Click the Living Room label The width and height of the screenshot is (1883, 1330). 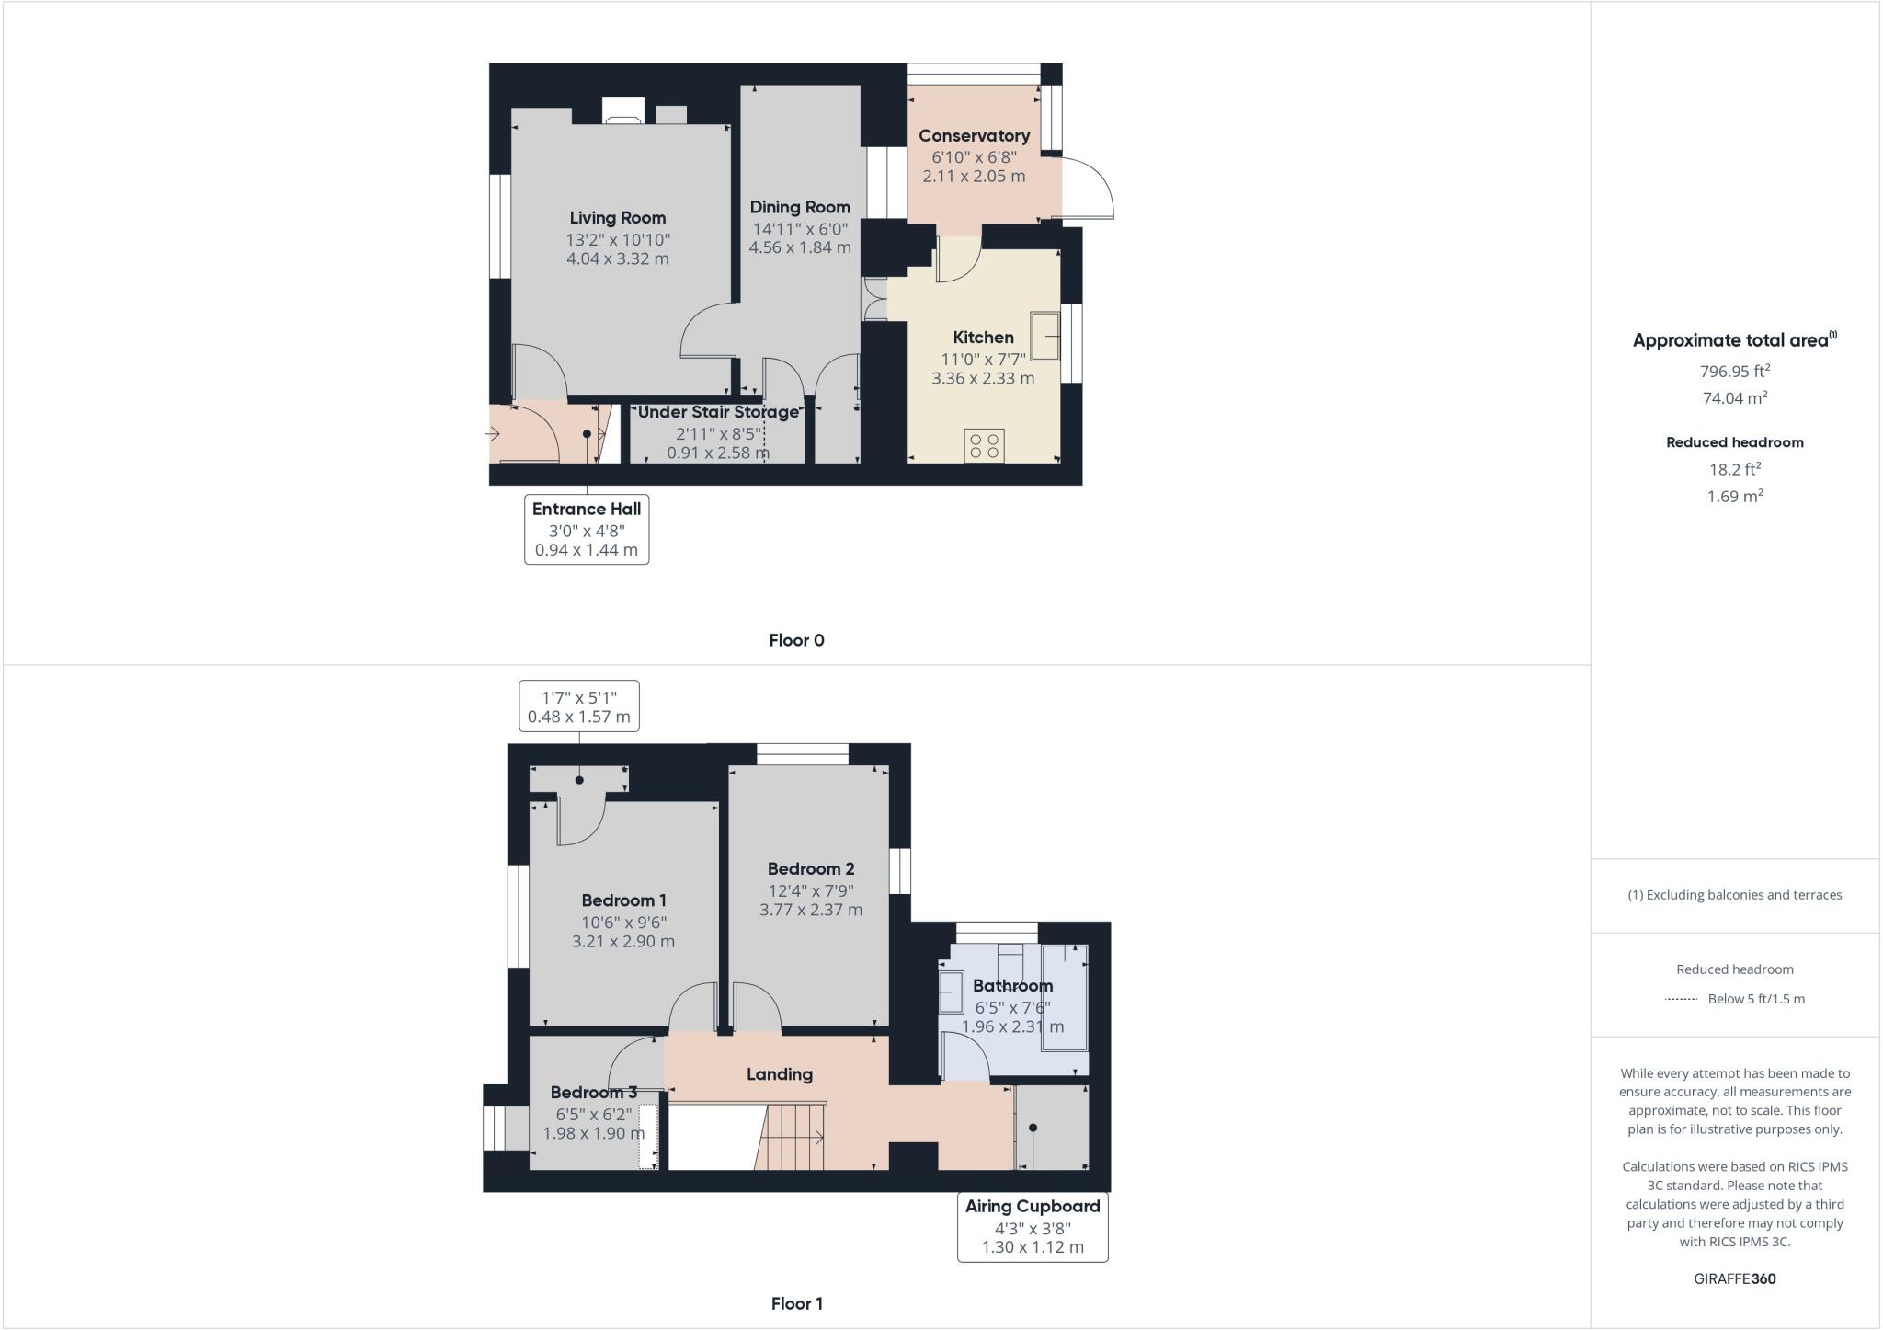pos(617,218)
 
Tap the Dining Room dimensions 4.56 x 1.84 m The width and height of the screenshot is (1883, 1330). pos(799,247)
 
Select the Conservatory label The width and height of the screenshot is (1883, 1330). pos(974,136)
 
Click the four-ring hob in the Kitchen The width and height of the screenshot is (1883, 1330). pos(984,446)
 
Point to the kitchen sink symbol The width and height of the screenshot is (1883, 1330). pos(1044,336)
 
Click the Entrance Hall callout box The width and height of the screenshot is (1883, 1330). pos(587,530)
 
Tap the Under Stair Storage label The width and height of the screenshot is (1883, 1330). pos(718,412)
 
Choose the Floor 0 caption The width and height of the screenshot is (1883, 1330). pos(796,641)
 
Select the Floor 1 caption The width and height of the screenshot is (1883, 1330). pos(796,1303)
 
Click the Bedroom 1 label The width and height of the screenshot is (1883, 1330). pos(623,900)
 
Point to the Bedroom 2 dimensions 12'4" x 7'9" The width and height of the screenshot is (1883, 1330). pos(811,890)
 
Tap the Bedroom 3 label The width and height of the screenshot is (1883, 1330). pos(593,1093)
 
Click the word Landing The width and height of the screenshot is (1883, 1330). pos(779,1074)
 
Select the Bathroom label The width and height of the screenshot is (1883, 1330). pos(1012,986)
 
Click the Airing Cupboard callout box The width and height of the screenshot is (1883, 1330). pos(1033,1227)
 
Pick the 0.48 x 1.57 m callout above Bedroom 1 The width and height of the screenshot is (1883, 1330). pos(578,717)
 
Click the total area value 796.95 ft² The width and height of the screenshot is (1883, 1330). pos(1734,372)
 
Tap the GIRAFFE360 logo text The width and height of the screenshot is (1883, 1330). pos(1734,1278)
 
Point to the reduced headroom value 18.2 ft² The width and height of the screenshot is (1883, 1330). pos(1734,469)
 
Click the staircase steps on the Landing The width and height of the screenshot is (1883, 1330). pos(791,1137)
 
